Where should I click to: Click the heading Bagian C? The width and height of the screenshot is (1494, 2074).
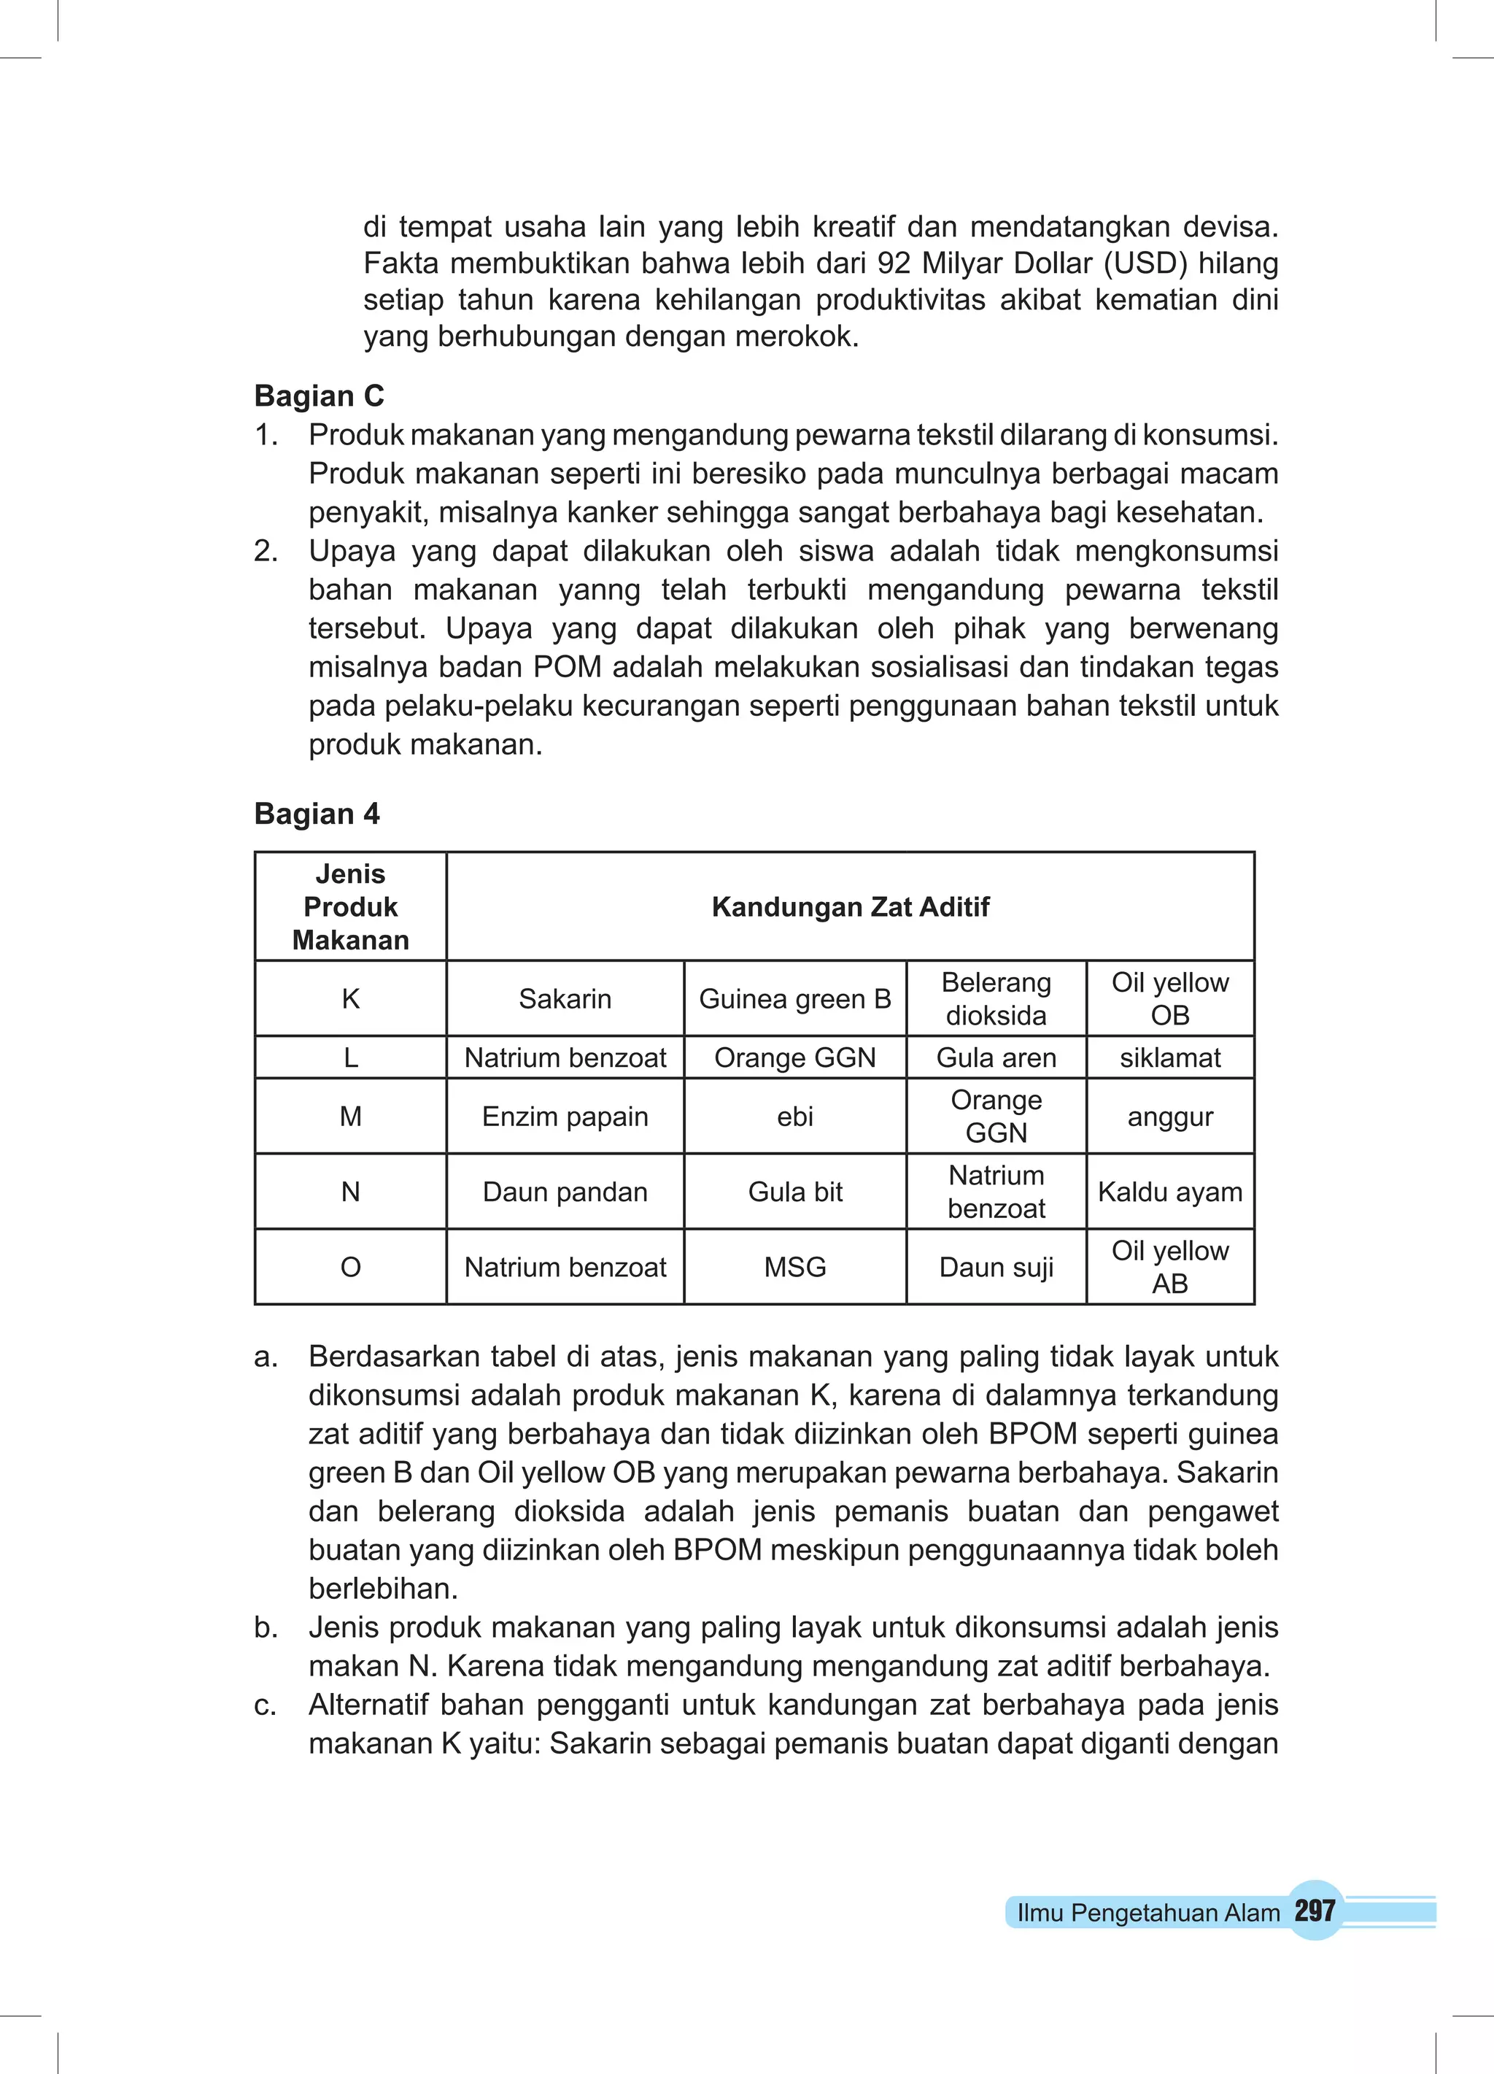click(x=319, y=396)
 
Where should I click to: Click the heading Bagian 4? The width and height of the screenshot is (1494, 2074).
click(x=317, y=813)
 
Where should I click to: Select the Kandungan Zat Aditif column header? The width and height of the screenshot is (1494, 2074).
click(x=851, y=907)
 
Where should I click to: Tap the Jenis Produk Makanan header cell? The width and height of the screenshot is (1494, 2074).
click(x=350, y=907)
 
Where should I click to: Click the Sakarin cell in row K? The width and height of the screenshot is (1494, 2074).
click(x=565, y=998)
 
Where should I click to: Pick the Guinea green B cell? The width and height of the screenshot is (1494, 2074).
click(x=794, y=998)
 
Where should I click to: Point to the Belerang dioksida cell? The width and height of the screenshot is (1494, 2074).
click(x=996, y=998)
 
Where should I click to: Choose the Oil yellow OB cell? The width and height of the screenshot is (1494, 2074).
click(x=1169, y=998)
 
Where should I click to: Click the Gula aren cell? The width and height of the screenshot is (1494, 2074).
click(x=996, y=1058)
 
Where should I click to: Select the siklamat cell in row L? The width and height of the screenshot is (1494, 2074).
click(x=1169, y=1058)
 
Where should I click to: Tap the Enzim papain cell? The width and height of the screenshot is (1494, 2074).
click(x=565, y=1117)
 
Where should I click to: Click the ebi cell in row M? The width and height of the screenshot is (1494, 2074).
click(x=794, y=1117)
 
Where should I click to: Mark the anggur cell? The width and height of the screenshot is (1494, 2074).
click(x=1169, y=1117)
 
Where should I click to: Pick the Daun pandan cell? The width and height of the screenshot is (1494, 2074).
click(x=565, y=1192)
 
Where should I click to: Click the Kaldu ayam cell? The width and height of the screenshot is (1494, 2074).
click(x=1169, y=1192)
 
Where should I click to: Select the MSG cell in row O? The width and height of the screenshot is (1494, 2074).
click(x=794, y=1268)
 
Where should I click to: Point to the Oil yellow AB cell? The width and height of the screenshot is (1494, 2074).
click(x=1169, y=1268)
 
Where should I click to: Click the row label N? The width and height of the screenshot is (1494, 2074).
click(x=350, y=1192)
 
